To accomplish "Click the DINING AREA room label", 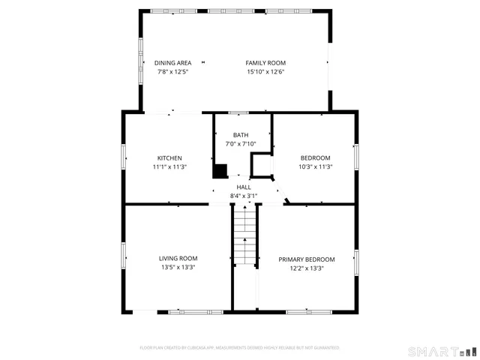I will coord(172,63).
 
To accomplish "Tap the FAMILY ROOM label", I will coord(265,63).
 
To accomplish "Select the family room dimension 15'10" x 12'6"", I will coord(265,72).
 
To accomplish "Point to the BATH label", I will coord(241,135).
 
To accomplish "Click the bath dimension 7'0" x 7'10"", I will coord(241,144).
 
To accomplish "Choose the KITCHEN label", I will coord(169,157).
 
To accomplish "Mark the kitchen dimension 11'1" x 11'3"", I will coord(169,166).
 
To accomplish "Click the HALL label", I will coord(244,187).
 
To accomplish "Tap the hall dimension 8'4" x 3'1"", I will coord(244,196).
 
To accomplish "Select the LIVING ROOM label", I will coord(177,259).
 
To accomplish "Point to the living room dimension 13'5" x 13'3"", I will coord(177,268).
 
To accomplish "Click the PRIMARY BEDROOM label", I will coord(307,259).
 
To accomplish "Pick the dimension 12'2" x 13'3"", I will coord(307,268).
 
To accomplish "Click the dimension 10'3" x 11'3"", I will coord(315,166).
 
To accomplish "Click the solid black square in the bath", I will coord(220,171).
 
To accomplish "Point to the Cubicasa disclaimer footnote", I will coord(240,348).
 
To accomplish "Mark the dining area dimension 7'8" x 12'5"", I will coord(172,72).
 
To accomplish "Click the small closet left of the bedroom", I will coord(262,164).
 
